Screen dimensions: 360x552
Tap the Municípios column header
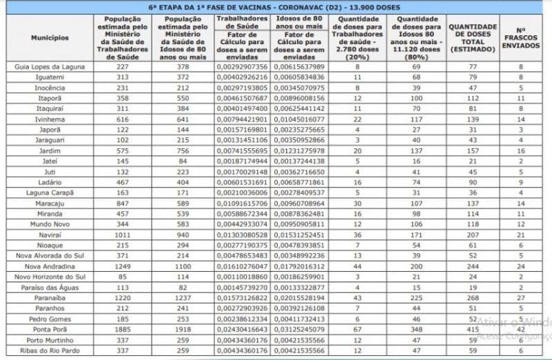pos(49,37)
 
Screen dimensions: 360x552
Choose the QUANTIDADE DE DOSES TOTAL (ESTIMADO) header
pos(472,37)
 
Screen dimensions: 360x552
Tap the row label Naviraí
pos(49,234)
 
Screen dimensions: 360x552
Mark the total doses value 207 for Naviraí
pos(472,234)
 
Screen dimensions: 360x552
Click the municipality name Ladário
pos(49,181)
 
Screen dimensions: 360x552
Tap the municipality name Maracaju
pos(49,204)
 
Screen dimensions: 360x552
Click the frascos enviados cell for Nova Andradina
pos(520,266)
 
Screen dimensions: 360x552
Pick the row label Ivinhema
pos(49,119)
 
